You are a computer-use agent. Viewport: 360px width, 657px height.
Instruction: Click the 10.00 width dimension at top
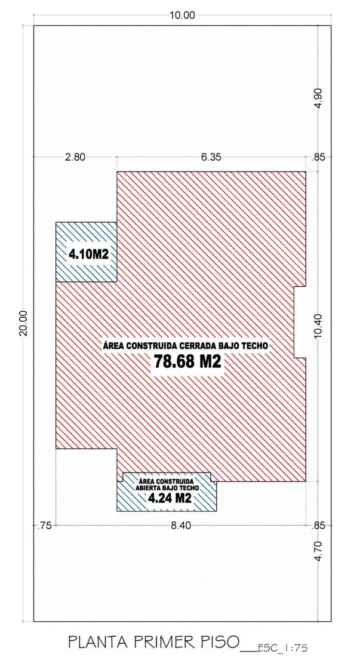(182, 16)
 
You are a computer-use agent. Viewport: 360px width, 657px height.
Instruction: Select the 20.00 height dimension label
(23, 323)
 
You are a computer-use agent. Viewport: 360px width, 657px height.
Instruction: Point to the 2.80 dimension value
(76, 157)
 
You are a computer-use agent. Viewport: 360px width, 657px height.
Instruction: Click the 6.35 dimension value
(211, 157)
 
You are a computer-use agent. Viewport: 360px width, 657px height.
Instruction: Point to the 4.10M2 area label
(86, 254)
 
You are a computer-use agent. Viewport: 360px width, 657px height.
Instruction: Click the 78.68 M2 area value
(187, 361)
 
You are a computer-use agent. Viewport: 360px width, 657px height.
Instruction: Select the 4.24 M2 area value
(170, 498)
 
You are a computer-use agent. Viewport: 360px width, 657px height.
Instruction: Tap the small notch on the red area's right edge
(300, 322)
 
